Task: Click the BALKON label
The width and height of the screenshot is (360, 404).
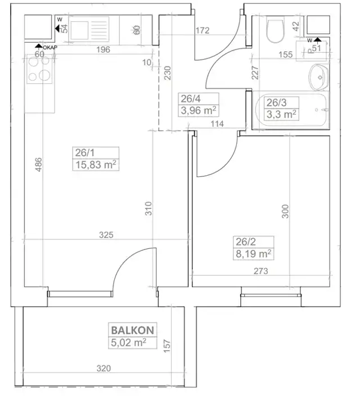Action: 133,330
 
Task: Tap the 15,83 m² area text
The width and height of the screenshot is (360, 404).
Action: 96,165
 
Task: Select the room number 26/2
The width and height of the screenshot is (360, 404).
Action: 246,242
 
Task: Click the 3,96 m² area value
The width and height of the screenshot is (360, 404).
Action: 199,111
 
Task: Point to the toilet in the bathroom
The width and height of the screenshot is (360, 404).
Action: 275,29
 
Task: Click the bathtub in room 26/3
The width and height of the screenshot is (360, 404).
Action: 291,110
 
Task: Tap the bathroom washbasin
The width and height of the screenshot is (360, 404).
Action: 319,78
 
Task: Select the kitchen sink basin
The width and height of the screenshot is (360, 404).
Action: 79,30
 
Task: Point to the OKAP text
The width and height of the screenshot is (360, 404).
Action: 50,48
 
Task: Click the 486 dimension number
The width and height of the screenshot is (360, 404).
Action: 38,165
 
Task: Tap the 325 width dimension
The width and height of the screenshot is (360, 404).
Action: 106,235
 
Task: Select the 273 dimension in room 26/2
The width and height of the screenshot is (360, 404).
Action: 260,271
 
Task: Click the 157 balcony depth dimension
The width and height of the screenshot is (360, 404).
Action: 167,346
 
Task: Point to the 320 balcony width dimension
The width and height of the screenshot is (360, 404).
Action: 103,368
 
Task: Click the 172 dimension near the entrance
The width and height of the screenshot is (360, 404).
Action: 202,30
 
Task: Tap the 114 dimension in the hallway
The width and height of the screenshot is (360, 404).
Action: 217,124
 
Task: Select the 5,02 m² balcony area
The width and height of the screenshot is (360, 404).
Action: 128,343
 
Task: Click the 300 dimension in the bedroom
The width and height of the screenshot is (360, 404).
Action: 285,211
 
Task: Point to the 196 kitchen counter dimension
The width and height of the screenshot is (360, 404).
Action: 103,49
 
